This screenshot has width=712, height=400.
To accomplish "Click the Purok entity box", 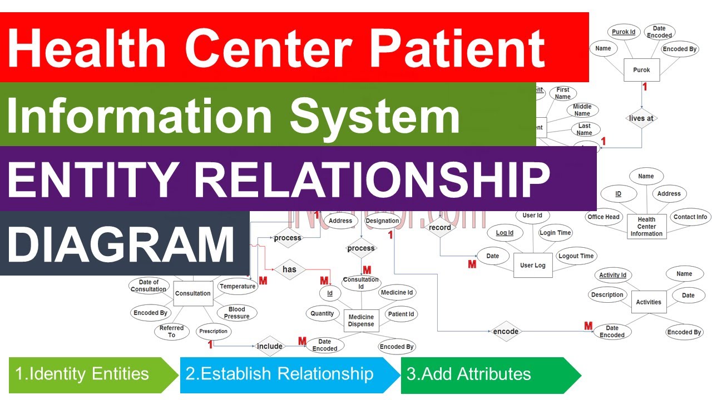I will click(641, 70).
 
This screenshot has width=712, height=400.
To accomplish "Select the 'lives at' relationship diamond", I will click(641, 118).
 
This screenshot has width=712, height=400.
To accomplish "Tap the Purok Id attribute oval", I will click(624, 32).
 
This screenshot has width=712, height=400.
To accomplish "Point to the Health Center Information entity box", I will click(646, 227).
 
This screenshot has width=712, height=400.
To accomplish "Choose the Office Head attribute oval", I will click(604, 217).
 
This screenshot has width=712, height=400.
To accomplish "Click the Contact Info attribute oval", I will click(690, 217).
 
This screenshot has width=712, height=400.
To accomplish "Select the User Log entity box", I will click(532, 266).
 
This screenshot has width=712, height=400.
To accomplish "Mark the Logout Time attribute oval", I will click(576, 256).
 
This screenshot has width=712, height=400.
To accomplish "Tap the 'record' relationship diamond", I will click(440, 227).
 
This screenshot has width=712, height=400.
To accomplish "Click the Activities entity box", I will click(649, 302).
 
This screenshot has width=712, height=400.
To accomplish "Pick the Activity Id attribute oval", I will click(612, 275).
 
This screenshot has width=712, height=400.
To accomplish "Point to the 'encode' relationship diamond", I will click(506, 332).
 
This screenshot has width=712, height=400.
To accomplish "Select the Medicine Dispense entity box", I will click(361, 321).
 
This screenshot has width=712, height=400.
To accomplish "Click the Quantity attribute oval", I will click(322, 313).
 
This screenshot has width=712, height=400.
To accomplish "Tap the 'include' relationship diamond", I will click(270, 346).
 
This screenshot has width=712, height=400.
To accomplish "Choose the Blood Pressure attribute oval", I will click(236, 313).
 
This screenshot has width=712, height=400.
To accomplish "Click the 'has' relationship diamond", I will click(289, 269).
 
